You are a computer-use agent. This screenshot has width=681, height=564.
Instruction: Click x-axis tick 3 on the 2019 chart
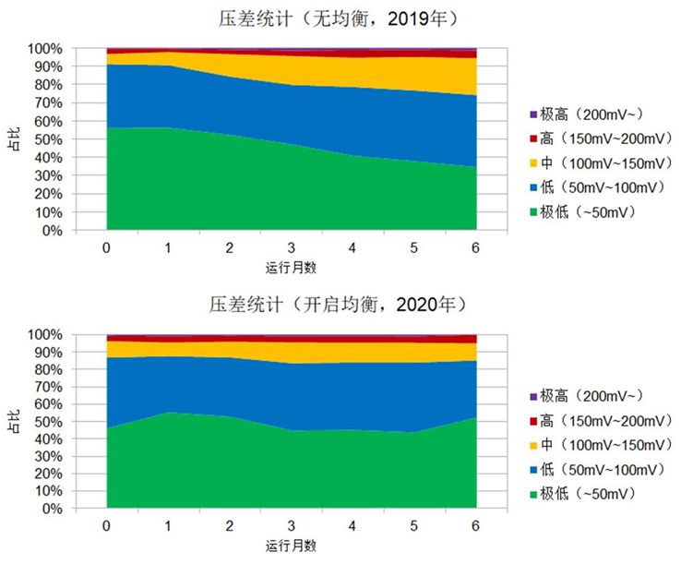[292, 248]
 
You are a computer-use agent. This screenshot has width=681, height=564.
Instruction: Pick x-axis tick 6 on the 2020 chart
[476, 525]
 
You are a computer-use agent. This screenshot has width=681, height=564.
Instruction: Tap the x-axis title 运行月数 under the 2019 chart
[292, 267]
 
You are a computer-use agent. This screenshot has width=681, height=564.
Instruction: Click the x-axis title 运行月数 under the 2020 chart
[292, 545]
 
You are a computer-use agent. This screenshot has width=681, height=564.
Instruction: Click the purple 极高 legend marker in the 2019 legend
[532, 114]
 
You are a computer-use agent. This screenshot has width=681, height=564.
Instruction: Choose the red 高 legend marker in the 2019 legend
[532, 139]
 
